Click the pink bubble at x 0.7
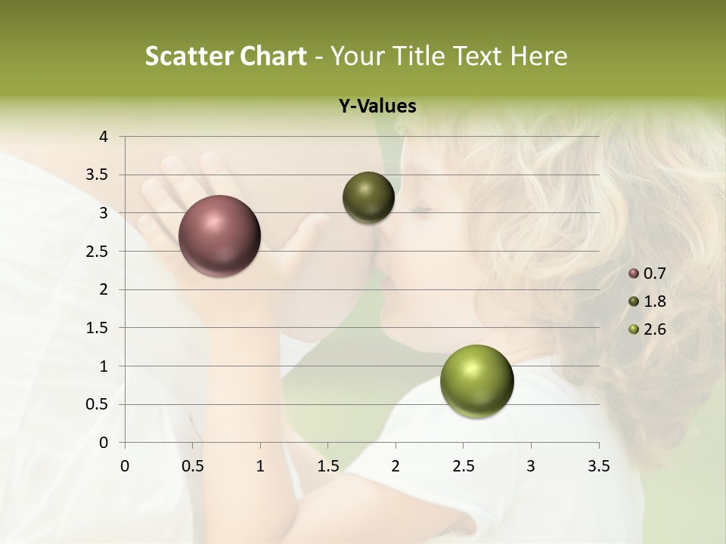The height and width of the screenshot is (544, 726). [219, 236]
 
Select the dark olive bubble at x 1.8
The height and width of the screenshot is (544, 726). [368, 197]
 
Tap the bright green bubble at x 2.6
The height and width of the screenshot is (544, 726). [476, 381]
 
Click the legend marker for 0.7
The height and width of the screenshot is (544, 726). [634, 274]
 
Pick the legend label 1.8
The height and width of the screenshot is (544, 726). [654, 301]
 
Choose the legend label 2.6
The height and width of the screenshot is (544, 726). [654, 329]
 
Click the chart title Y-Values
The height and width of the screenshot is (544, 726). [377, 107]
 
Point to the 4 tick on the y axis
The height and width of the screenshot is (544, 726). [104, 137]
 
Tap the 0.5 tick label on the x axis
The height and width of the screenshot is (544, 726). [192, 466]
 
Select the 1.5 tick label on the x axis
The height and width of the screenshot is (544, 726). [327, 466]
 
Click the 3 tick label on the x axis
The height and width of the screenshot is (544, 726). [531, 466]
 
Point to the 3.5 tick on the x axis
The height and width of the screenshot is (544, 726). [598, 466]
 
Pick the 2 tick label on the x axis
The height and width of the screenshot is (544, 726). [396, 466]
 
